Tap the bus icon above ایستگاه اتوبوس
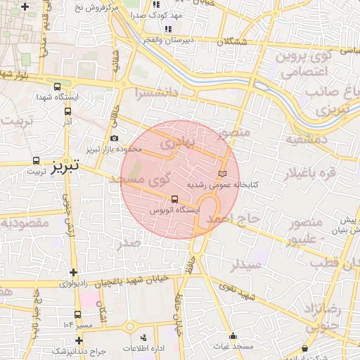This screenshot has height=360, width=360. pos(175,198)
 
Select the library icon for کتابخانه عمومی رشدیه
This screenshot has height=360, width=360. pos(223,173)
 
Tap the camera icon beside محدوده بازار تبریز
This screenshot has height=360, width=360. pos(115,139)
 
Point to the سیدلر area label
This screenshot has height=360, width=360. pos(247,266)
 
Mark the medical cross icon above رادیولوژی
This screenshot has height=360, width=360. pos(73,272)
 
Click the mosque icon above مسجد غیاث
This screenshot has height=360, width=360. pos(233,335)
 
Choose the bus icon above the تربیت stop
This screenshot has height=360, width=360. pos(37,160)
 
